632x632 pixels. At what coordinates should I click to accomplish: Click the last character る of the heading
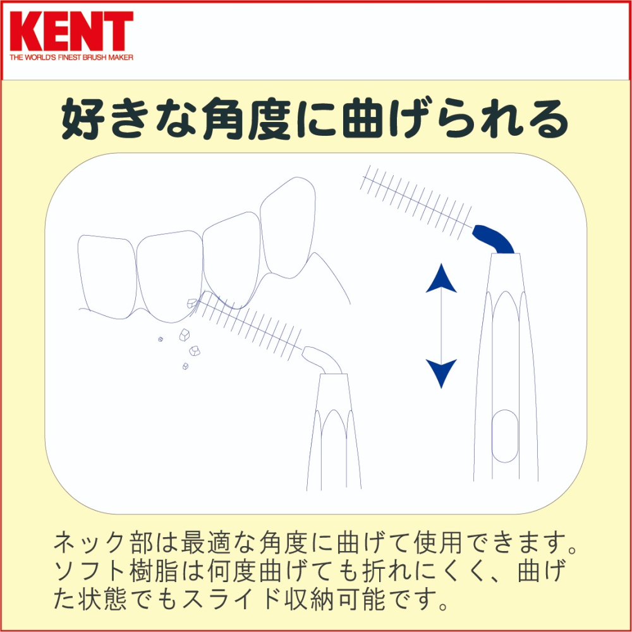click(547, 120)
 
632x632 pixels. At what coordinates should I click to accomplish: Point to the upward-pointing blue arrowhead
click(441, 279)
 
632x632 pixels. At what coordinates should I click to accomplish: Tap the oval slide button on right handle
click(504, 435)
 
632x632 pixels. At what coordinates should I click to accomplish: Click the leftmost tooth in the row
click(106, 272)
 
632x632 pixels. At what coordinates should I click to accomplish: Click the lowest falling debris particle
click(186, 366)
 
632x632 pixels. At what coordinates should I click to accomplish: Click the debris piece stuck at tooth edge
click(191, 304)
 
